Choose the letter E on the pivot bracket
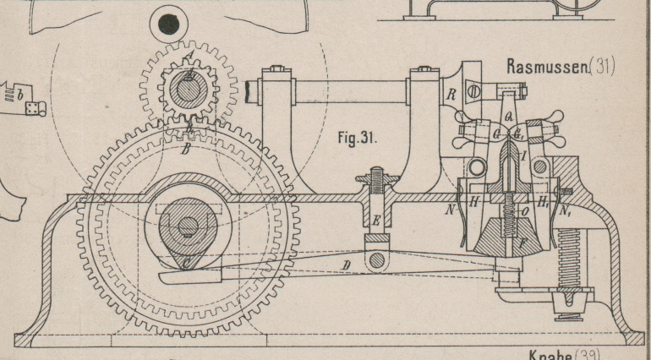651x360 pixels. point(374,221)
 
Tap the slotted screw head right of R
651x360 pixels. point(473,90)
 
